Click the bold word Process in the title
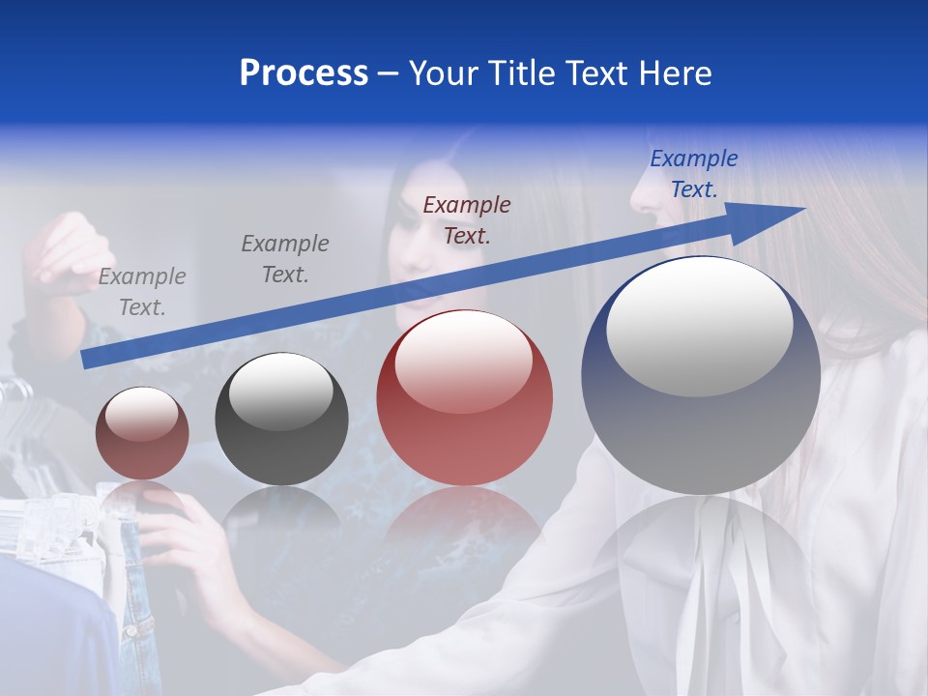point(304,73)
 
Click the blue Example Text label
point(693,174)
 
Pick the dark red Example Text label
point(467,219)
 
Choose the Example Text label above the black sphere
point(285,259)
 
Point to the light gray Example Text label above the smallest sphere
point(142,292)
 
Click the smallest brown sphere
point(142,433)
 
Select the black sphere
point(281,419)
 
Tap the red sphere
point(465,398)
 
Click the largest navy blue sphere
point(701,425)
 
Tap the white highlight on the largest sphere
point(700,326)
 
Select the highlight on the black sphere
point(281,391)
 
